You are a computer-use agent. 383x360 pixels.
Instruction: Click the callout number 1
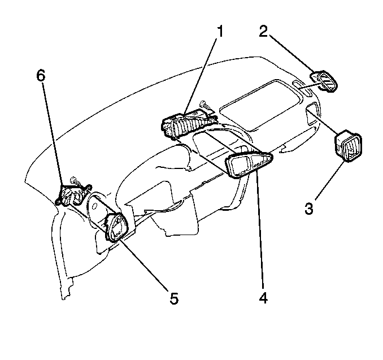(220, 31)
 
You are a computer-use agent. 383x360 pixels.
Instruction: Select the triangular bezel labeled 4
(249, 164)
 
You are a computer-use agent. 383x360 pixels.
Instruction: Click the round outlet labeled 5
(120, 226)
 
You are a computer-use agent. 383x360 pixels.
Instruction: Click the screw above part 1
(204, 105)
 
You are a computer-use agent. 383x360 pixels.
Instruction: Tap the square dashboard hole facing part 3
(312, 119)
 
